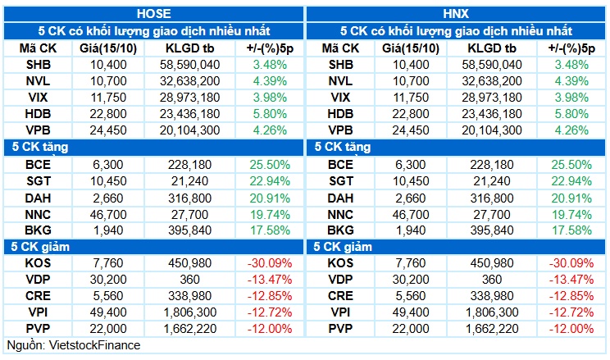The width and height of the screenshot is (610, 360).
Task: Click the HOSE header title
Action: click(x=153, y=14)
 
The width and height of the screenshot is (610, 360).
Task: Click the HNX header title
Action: click(x=456, y=14)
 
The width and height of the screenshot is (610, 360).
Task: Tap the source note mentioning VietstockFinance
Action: click(x=74, y=345)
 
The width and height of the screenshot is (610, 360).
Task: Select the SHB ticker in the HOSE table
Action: click(x=38, y=65)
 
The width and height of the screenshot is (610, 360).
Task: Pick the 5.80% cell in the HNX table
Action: click(x=571, y=114)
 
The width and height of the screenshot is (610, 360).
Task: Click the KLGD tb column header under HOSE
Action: click(x=190, y=48)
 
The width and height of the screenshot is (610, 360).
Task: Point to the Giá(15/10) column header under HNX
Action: click(x=411, y=48)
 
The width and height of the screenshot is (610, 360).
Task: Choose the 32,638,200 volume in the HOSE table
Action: click(x=190, y=81)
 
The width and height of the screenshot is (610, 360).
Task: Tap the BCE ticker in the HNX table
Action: click(x=340, y=165)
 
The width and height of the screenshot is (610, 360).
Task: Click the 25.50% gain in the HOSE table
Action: click(x=270, y=165)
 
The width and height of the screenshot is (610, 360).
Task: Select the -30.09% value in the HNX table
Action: click(x=571, y=263)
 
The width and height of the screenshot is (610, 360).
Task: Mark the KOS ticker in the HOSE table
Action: click(x=38, y=263)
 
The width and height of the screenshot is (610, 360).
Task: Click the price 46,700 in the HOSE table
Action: click(x=108, y=215)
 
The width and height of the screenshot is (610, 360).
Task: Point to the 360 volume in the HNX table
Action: click(x=492, y=280)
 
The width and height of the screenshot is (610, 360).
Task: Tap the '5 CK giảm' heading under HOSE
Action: click(x=40, y=247)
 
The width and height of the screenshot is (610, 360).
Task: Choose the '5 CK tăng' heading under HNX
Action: click(x=343, y=147)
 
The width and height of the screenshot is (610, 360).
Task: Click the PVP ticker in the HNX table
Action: click(x=340, y=329)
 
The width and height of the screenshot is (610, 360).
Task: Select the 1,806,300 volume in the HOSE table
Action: click(x=190, y=312)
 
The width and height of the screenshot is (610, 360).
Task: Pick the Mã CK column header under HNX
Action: click(x=340, y=48)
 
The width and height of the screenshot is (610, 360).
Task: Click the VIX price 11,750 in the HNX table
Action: click(x=411, y=98)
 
